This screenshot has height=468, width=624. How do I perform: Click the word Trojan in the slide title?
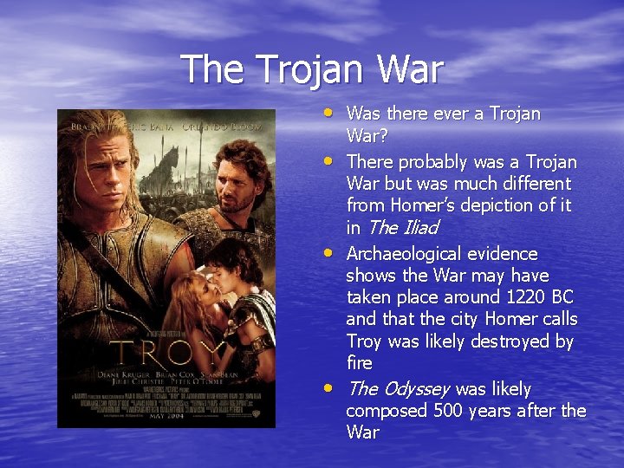312,70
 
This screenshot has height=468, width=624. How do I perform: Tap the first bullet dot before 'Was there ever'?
335,112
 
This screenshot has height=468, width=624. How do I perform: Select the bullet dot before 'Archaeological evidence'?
335,252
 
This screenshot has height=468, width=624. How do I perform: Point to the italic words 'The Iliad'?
403,228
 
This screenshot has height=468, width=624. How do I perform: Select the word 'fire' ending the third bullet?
359,363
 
